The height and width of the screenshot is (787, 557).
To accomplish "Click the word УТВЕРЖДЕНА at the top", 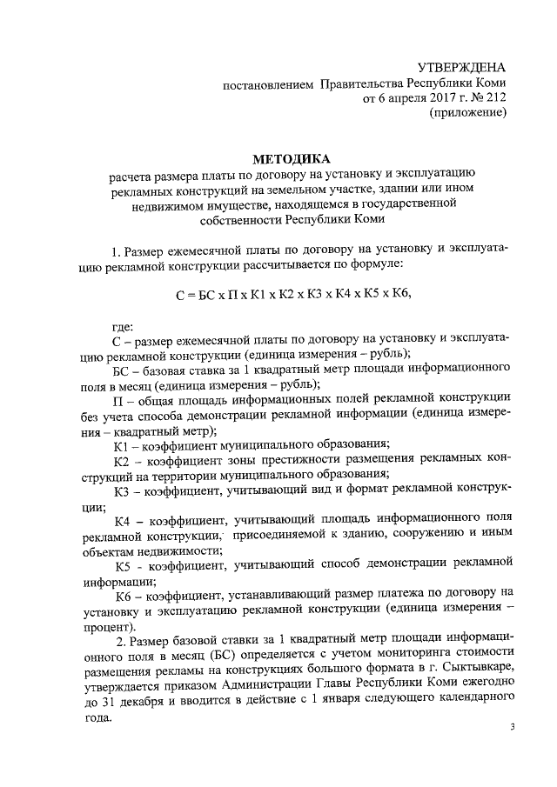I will (x=462, y=68).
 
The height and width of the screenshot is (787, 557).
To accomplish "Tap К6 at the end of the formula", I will (x=399, y=294).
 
